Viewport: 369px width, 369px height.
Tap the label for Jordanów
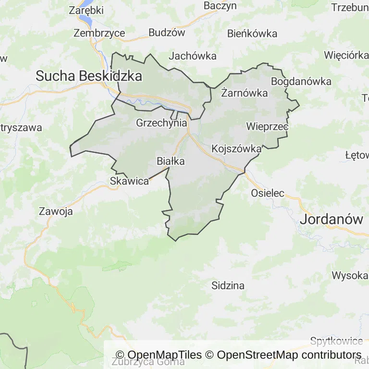click(332, 220)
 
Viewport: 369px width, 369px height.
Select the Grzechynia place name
click(161, 123)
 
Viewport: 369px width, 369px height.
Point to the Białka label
click(171, 161)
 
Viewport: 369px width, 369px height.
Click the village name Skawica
click(129, 181)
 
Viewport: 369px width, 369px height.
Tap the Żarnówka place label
click(244, 93)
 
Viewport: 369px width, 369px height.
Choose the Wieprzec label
click(267, 127)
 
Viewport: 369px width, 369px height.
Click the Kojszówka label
click(236, 148)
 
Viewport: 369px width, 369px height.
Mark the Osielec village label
click(268, 193)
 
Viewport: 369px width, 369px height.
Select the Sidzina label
click(228, 285)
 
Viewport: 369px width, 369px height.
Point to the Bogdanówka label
click(301, 81)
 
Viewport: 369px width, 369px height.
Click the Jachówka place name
click(193, 56)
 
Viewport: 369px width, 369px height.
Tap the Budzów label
click(167, 33)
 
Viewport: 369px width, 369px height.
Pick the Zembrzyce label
click(99, 33)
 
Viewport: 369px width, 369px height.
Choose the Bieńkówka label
click(252, 33)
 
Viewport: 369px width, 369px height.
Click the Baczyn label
click(220, 6)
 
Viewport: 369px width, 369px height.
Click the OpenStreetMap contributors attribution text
click(289, 355)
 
